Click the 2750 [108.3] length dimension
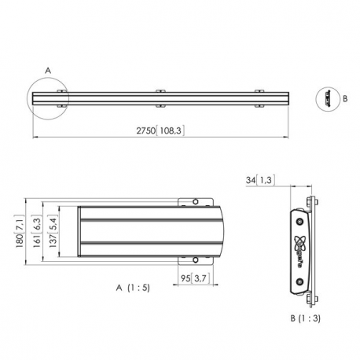[160, 131]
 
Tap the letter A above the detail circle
[47, 70]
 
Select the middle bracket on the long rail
[160, 98]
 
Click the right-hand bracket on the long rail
[261, 98]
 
